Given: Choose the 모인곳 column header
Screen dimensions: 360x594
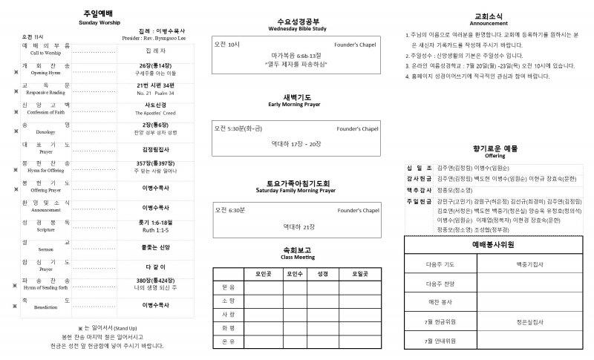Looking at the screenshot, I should click(255, 273).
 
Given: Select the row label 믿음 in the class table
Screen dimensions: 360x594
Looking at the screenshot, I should click(227, 287).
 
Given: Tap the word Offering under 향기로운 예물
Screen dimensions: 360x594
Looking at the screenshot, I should click(495, 156).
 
